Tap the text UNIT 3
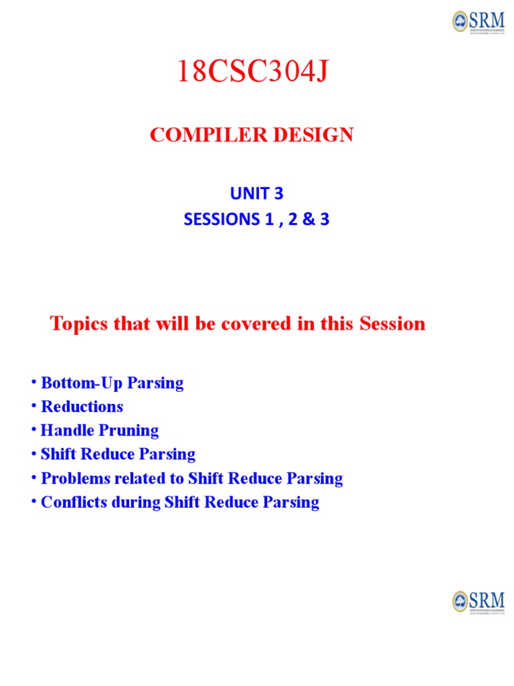(257, 194)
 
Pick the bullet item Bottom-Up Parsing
(112, 383)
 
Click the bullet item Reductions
(82, 407)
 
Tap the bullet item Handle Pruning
(100, 430)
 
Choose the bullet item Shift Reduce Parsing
(118, 454)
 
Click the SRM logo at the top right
(478, 21)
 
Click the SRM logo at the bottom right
(478, 601)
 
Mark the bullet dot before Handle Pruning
(32, 430)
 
